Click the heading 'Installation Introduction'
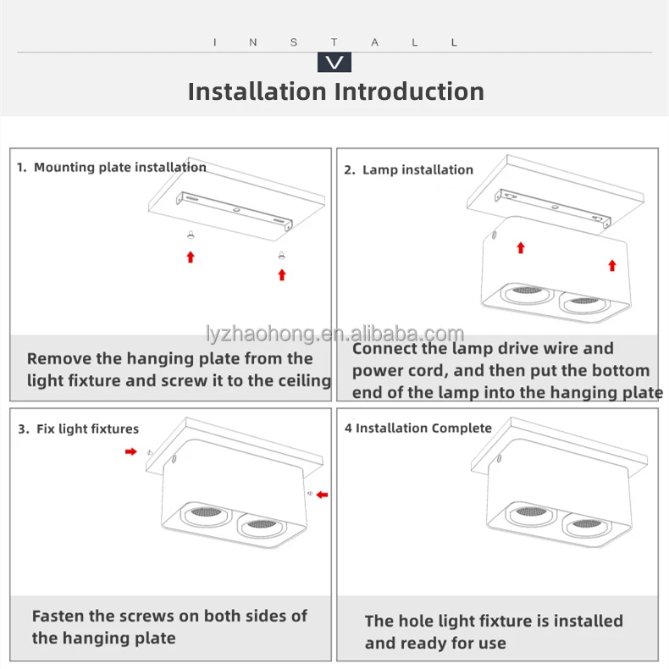pyautogui.click(x=335, y=91)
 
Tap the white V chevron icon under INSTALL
pyautogui.click(x=334, y=63)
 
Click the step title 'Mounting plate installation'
pyautogui.click(x=119, y=168)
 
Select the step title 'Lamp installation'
pyautogui.click(x=417, y=170)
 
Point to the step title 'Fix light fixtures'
pyautogui.click(x=87, y=429)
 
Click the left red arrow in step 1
pyautogui.click(x=191, y=257)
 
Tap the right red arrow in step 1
pyautogui.click(x=282, y=274)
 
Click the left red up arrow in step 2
pyautogui.click(x=521, y=247)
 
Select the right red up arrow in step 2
pyautogui.click(x=612, y=265)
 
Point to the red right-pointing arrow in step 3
pyautogui.click(x=130, y=452)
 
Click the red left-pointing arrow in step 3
pyautogui.click(x=322, y=495)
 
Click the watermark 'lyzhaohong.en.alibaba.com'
pyautogui.click(x=335, y=334)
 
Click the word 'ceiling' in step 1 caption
pyautogui.click(x=301, y=381)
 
